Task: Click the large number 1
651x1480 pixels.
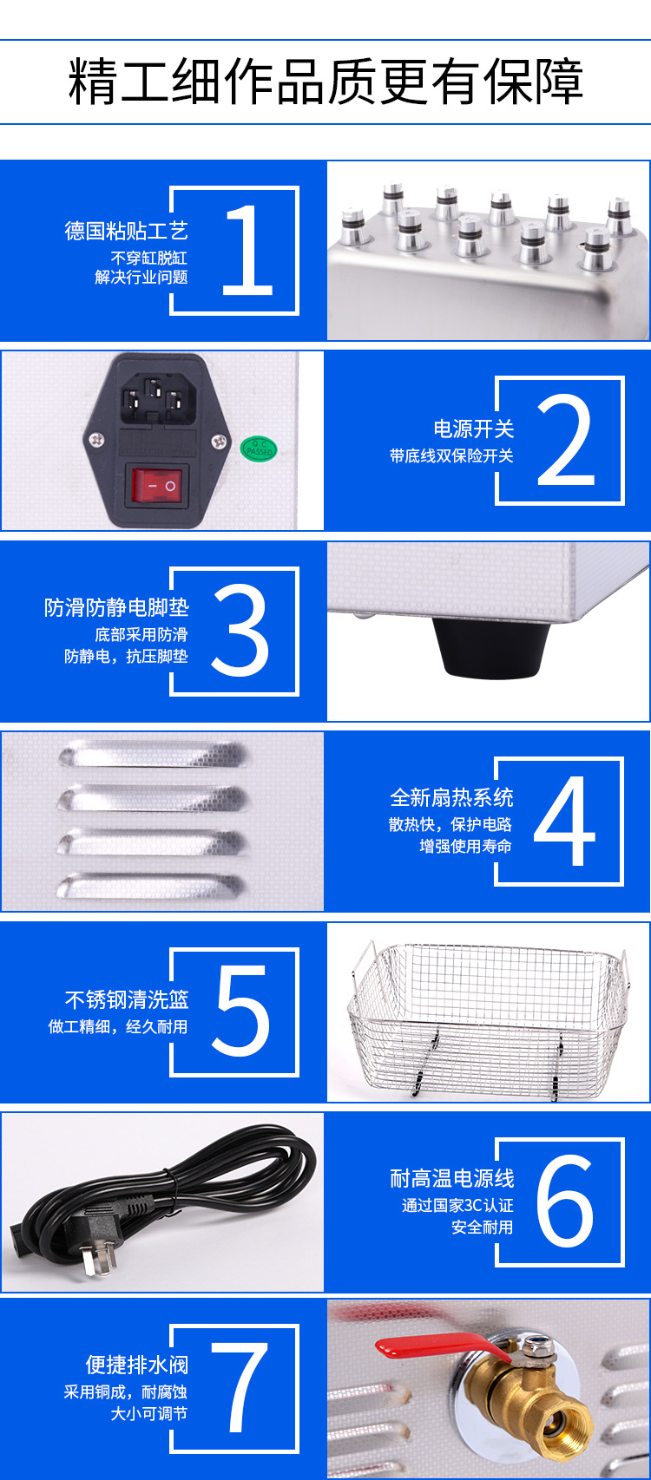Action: [248, 250]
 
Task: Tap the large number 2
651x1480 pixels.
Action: [566, 440]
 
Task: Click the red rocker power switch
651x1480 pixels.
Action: [157, 487]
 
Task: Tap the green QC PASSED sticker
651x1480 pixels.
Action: [258, 449]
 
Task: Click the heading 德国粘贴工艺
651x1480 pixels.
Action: [126, 231]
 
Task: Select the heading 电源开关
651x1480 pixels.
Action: [474, 429]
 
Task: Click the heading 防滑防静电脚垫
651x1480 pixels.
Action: [116, 607]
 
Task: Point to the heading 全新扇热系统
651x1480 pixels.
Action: [451, 797]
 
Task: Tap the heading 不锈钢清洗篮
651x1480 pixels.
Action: [127, 999]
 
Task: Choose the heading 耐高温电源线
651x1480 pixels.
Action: [451, 1178]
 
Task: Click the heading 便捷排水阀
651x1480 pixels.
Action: [136, 1365]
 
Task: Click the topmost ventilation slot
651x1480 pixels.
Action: [152, 753]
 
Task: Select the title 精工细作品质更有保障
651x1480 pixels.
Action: [325, 82]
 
